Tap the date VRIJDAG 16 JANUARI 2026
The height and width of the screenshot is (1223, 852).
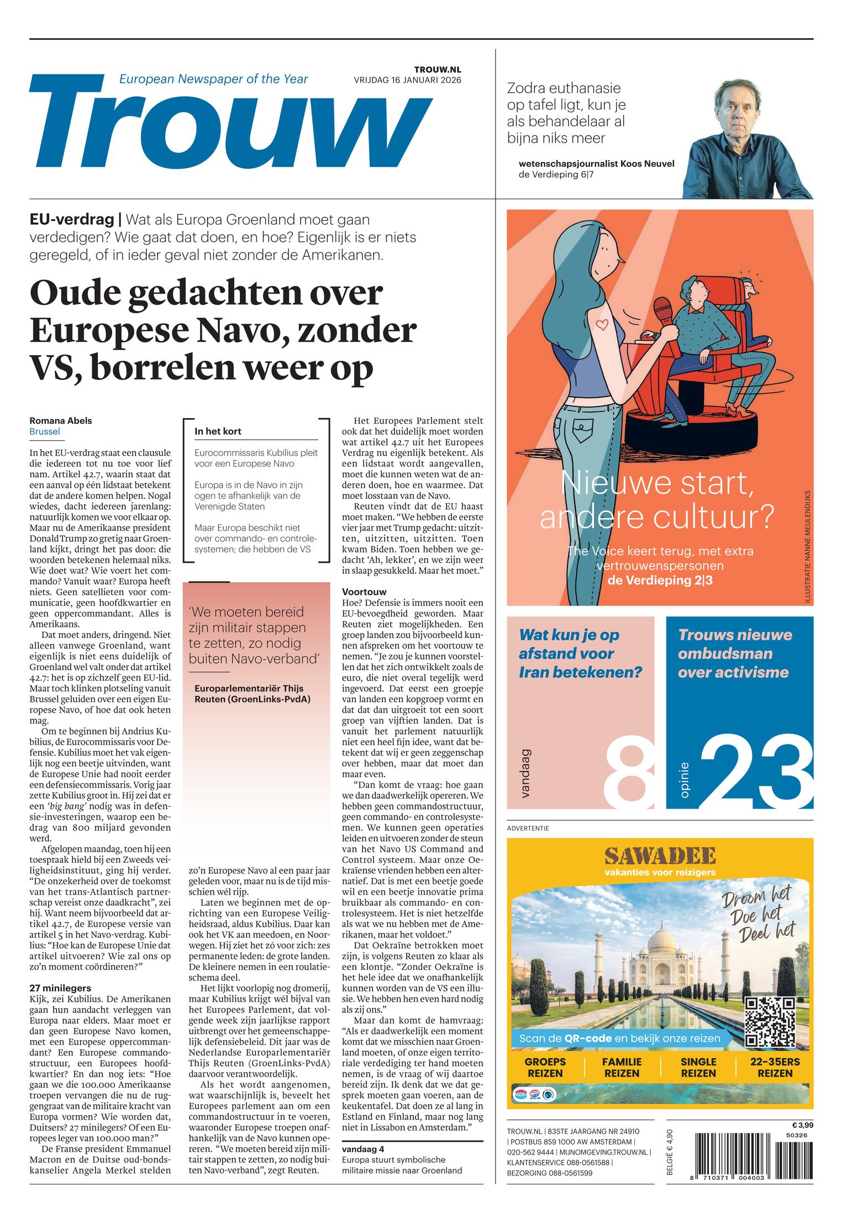coord(407,80)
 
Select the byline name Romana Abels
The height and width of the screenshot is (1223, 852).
coord(61,420)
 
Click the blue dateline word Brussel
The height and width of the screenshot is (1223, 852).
coord(45,431)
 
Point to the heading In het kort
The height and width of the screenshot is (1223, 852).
coord(218,431)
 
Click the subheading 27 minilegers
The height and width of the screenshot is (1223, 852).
coord(60,988)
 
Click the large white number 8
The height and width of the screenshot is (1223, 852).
coord(629,775)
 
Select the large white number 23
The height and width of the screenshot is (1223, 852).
coord(755,775)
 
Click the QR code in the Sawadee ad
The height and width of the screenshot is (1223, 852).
coord(769,1022)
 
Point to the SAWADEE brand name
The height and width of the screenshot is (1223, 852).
coord(660,857)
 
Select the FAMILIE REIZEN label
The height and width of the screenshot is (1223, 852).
coord(622,1067)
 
